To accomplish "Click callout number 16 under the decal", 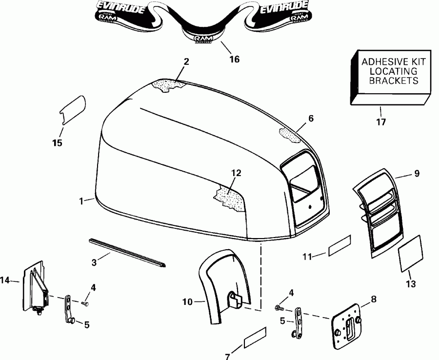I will pos(235,60).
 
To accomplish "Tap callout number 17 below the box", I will pos(381,122).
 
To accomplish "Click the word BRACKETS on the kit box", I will pos(394,80).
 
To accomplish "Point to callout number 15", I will pos(58,143).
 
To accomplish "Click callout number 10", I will pos(188,302).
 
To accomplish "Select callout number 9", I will pos(416,173).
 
